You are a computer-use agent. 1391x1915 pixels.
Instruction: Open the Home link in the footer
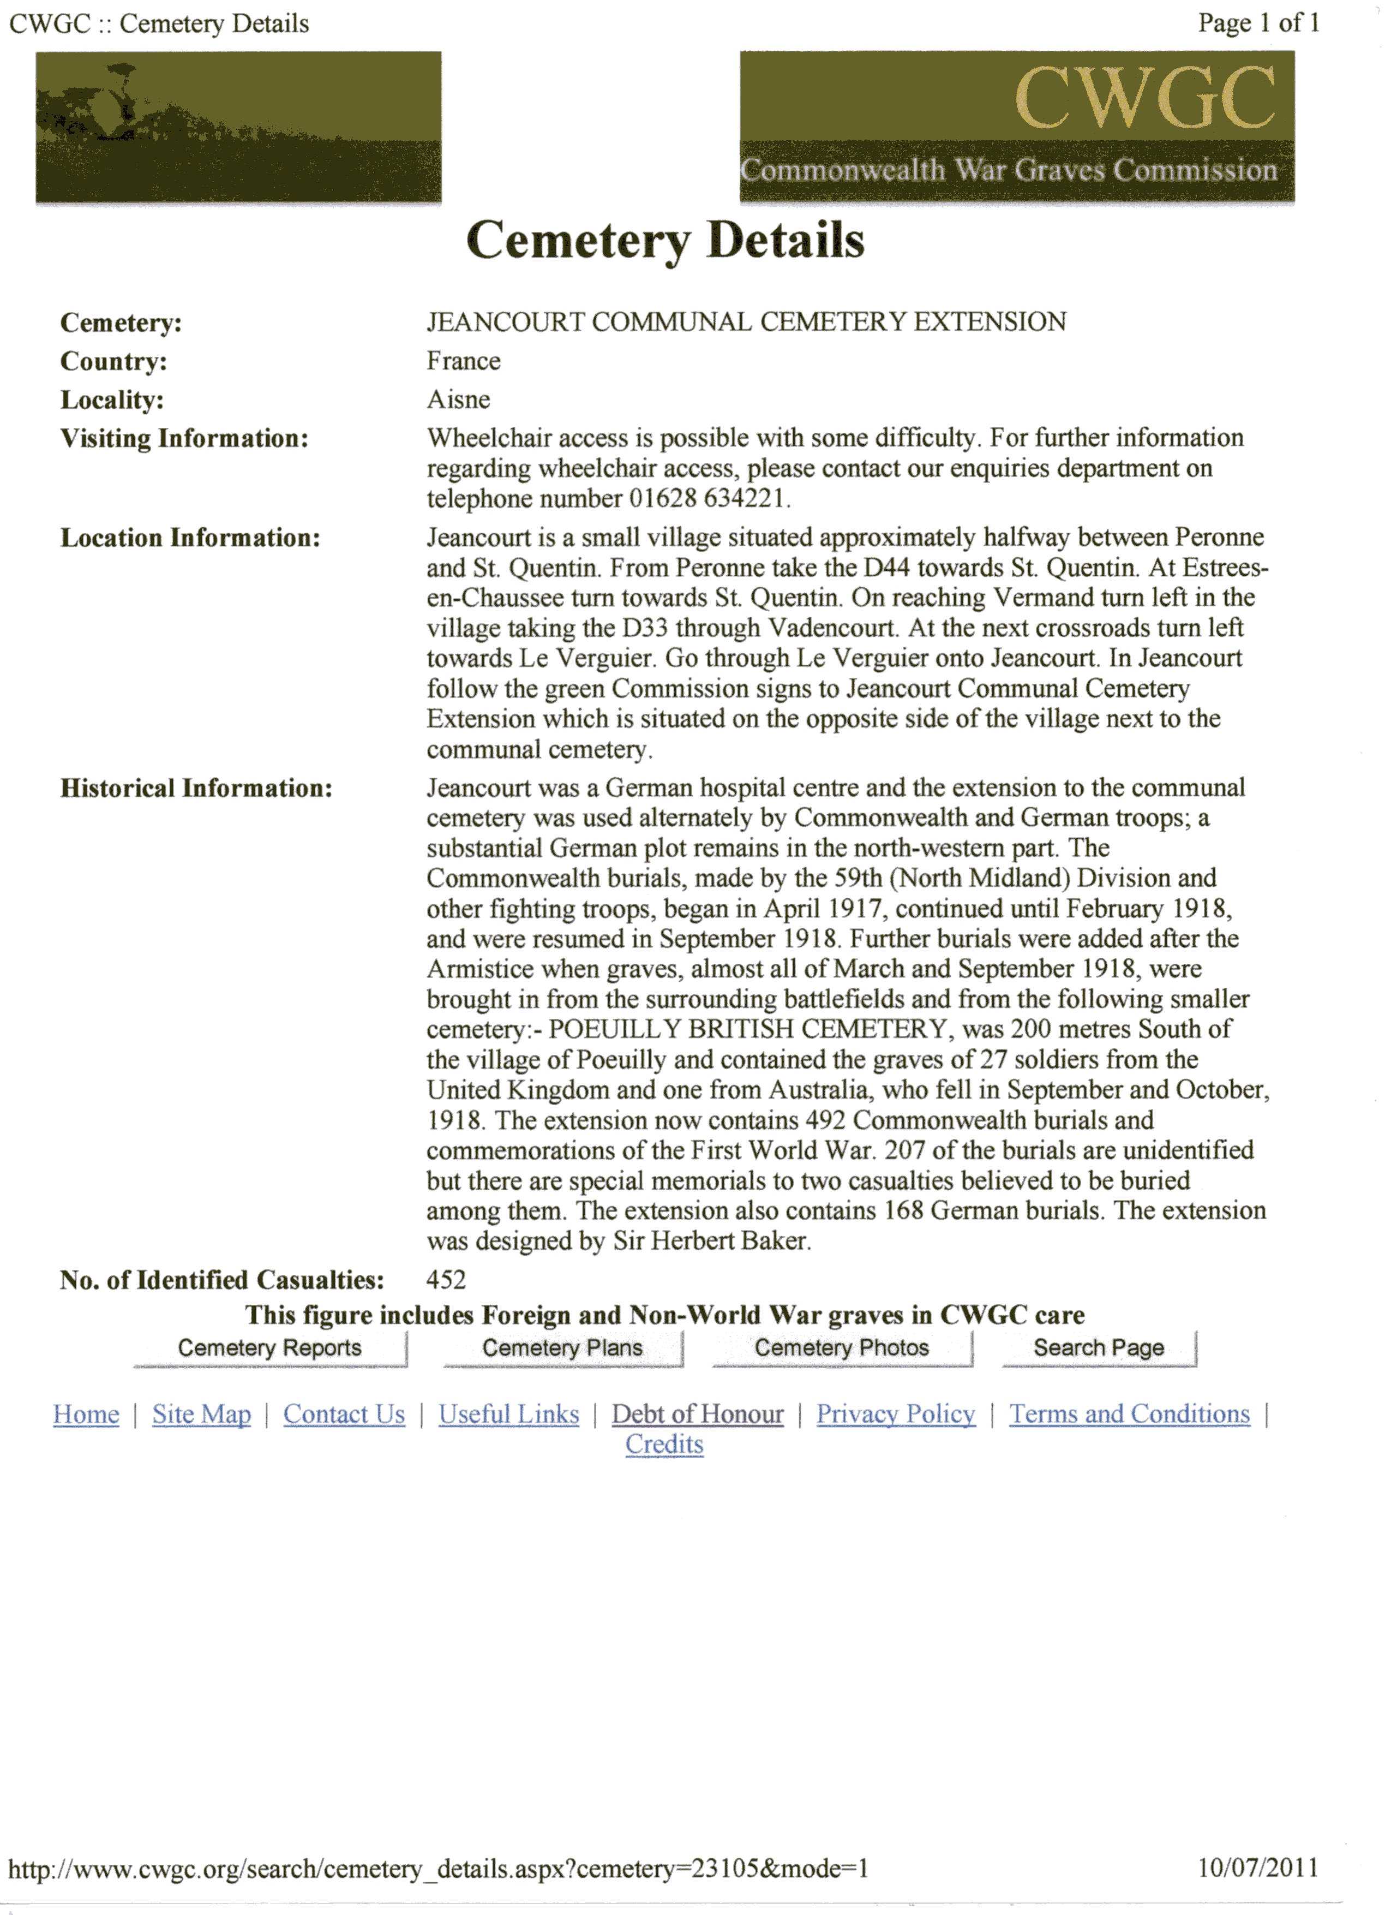[x=86, y=1415]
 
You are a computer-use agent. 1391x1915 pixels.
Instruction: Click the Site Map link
[x=202, y=1415]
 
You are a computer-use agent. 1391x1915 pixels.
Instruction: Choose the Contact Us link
[x=344, y=1415]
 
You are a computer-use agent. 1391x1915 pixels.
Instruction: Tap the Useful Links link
[x=509, y=1415]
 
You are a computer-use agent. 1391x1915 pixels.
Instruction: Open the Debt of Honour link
[x=698, y=1415]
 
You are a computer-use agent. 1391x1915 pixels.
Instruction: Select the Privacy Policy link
[x=896, y=1415]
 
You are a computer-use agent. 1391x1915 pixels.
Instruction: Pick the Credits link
[x=664, y=1445]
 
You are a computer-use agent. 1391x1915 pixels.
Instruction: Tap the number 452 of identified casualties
[x=446, y=1280]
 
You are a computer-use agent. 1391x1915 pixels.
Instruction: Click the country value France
[x=463, y=361]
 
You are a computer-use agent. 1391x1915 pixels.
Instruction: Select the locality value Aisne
[x=458, y=399]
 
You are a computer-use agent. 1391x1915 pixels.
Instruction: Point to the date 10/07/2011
[x=1258, y=1867]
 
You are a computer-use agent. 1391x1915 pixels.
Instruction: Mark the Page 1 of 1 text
[x=1258, y=23]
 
